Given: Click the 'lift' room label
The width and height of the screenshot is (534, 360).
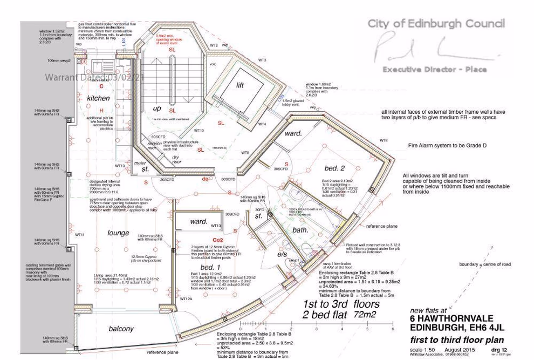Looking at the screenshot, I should click(240, 85).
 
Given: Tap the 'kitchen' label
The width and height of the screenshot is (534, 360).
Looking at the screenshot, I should click(98, 98).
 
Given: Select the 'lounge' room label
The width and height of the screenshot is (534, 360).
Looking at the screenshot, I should click(118, 233).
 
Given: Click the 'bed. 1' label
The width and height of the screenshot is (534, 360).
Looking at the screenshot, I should click(210, 268).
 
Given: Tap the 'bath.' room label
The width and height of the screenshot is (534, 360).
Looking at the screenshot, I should click(300, 230).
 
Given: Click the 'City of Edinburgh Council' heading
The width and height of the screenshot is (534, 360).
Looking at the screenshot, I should click(436, 24).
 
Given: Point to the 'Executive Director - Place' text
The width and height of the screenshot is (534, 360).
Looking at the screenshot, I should click(435, 69).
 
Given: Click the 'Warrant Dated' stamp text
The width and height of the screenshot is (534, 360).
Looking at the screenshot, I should click(95, 78).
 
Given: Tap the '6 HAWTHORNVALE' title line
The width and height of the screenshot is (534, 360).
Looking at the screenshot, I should click(449, 319).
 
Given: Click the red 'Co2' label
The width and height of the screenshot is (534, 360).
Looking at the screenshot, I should click(203, 240).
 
